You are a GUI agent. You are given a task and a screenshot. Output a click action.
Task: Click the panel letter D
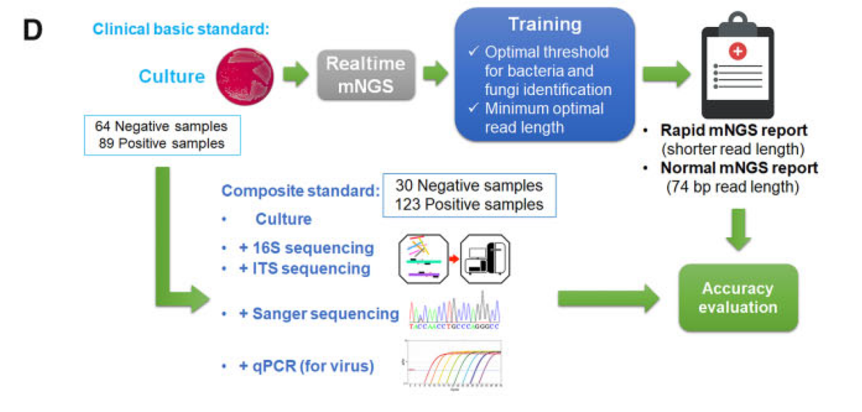click(x=32, y=31)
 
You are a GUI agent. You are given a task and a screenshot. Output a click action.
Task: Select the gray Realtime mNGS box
click(x=365, y=75)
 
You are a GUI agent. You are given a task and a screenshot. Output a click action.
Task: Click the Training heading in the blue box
click(x=544, y=25)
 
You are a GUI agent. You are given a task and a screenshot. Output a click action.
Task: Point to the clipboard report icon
click(x=736, y=67)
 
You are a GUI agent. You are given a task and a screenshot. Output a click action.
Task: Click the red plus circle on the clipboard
click(x=738, y=52)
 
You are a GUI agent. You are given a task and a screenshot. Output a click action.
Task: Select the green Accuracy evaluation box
click(x=738, y=297)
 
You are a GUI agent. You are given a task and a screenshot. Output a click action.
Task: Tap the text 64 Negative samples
click(x=161, y=126)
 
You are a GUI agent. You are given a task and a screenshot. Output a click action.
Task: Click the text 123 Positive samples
click(x=469, y=205)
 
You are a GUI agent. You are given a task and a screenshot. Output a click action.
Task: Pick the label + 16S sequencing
click(x=306, y=248)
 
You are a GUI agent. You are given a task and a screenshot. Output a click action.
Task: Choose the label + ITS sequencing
click(x=304, y=269)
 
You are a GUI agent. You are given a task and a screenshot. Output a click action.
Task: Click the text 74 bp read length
click(x=733, y=187)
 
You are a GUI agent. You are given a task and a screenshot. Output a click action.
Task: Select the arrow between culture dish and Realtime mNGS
click(x=296, y=75)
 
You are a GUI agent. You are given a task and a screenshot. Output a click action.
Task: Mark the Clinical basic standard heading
click(x=181, y=29)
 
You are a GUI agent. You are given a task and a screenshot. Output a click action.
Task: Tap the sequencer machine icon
click(x=485, y=259)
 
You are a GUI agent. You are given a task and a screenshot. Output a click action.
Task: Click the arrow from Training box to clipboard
click(x=665, y=75)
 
